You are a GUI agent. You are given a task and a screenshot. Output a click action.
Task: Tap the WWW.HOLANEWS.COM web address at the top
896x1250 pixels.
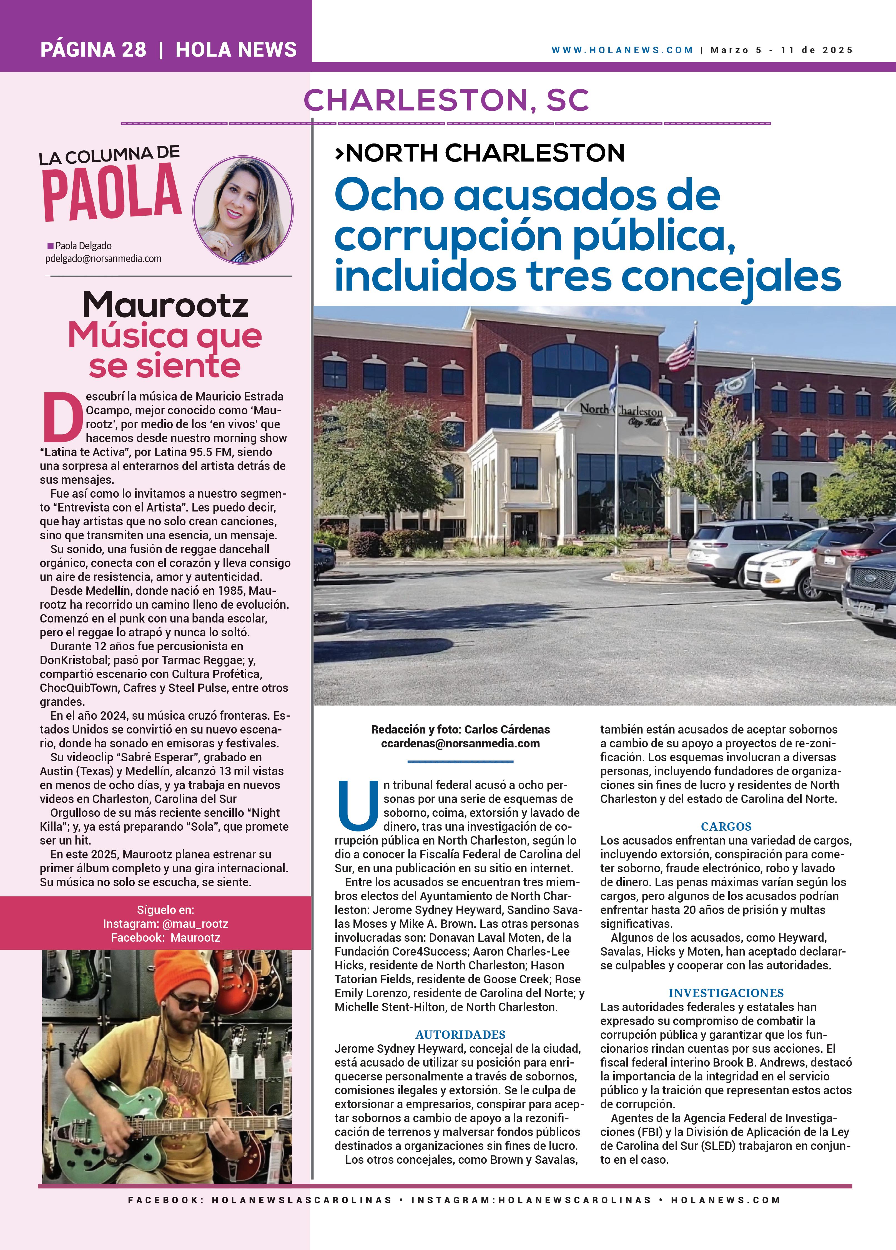pyautogui.click(x=622, y=50)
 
